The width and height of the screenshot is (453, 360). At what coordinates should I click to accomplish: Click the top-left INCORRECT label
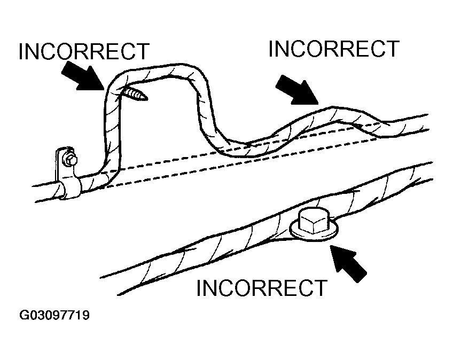click(x=83, y=52)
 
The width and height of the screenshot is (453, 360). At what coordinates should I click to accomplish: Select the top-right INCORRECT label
click(x=333, y=49)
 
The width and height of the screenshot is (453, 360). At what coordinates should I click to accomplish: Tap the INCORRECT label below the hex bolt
click(x=261, y=288)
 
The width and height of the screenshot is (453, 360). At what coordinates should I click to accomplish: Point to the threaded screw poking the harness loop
click(x=137, y=95)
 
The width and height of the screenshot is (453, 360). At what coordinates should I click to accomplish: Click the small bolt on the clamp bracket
click(x=70, y=159)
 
